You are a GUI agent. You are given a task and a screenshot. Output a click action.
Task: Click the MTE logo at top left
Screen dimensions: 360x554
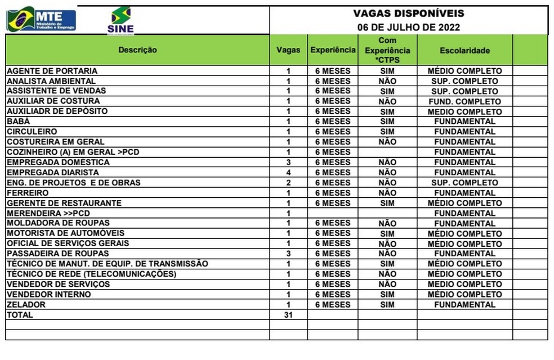pyautogui.click(x=41, y=19)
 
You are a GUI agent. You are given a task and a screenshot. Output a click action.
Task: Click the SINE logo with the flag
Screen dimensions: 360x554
pyautogui.click(x=120, y=20)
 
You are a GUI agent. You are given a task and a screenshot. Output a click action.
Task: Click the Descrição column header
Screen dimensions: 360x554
pyautogui.click(x=137, y=50)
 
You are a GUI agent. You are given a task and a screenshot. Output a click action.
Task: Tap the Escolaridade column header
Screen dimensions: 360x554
pyautogui.click(x=464, y=51)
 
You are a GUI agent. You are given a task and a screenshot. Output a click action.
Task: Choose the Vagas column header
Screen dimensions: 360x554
pyautogui.click(x=288, y=50)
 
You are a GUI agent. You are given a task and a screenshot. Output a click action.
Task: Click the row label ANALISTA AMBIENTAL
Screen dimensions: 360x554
pyautogui.click(x=52, y=81)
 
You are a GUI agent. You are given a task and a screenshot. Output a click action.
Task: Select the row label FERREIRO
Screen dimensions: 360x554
pyautogui.click(x=28, y=193)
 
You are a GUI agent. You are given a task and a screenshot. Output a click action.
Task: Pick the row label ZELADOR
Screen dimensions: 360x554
pyautogui.click(x=26, y=305)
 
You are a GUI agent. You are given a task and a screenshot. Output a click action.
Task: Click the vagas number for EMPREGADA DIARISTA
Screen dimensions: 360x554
pyautogui.click(x=288, y=172)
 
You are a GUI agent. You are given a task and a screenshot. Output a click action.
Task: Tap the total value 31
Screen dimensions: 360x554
pyautogui.click(x=288, y=315)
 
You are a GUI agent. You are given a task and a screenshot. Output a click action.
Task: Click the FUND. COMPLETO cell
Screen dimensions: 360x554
pyautogui.click(x=464, y=101)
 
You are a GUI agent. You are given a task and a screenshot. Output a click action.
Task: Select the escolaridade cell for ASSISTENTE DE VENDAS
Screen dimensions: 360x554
pyautogui.click(x=464, y=91)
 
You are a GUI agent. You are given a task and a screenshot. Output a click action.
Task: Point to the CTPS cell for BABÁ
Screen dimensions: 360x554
pyautogui.click(x=387, y=122)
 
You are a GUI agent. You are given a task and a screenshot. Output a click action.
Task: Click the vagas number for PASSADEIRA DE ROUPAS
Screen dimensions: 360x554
pyautogui.click(x=288, y=254)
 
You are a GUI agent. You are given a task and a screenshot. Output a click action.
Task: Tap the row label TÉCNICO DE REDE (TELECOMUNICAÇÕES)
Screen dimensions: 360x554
pyautogui.click(x=91, y=274)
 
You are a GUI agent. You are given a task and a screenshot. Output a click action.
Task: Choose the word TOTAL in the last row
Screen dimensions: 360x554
pyautogui.click(x=20, y=315)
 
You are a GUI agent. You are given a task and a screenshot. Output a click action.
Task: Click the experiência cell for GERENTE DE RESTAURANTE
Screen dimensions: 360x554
pyautogui.click(x=332, y=203)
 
